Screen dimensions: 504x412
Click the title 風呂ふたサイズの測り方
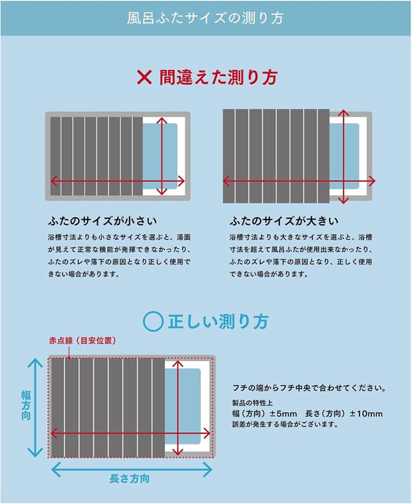point(205,18)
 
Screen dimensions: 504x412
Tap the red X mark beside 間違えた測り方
point(145,77)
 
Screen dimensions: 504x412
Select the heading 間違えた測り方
point(218,77)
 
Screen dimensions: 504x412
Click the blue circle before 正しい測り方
point(153,321)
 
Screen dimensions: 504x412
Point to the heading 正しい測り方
point(218,321)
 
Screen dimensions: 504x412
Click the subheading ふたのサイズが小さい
point(102,221)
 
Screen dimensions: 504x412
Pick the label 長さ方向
point(130,479)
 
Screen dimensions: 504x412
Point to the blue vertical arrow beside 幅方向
point(36,408)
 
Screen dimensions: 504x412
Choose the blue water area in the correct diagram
point(187,406)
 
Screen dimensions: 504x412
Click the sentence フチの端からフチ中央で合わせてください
point(310,389)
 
